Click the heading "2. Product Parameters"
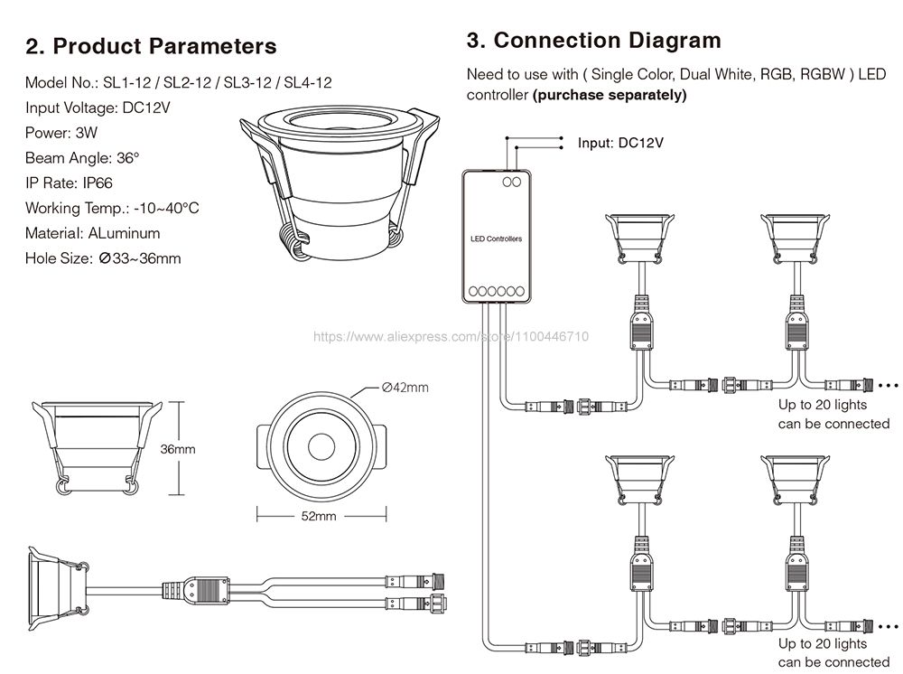pos(151,46)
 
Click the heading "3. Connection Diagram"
pos(594,41)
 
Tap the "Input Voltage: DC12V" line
pos(98,108)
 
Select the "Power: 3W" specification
pos(61,133)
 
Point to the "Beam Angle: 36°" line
pos(82,158)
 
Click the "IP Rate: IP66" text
pos(69,183)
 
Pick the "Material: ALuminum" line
pos(93,233)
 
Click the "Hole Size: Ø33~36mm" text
pos(103,258)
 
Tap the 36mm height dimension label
pos(177,449)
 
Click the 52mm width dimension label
pos(319,516)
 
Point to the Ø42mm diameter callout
pos(405,387)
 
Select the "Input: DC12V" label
pos(620,143)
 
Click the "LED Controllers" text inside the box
pos(496,239)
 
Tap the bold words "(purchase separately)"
pos(610,95)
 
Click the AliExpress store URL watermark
pos(451,336)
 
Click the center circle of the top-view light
pos(321,445)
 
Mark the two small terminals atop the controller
pos(511,182)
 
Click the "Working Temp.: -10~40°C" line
pos(112,208)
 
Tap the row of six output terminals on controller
pos(497,292)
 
